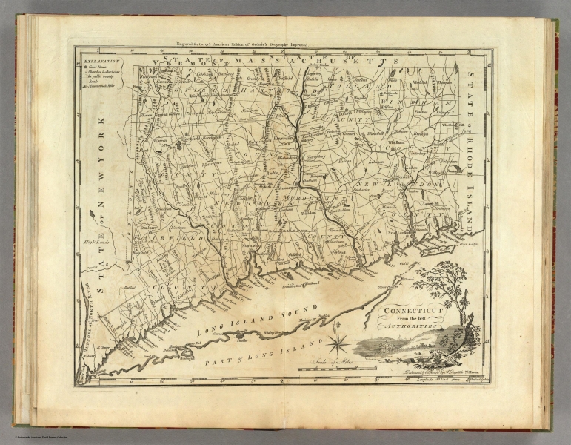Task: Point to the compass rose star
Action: point(339,343)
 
